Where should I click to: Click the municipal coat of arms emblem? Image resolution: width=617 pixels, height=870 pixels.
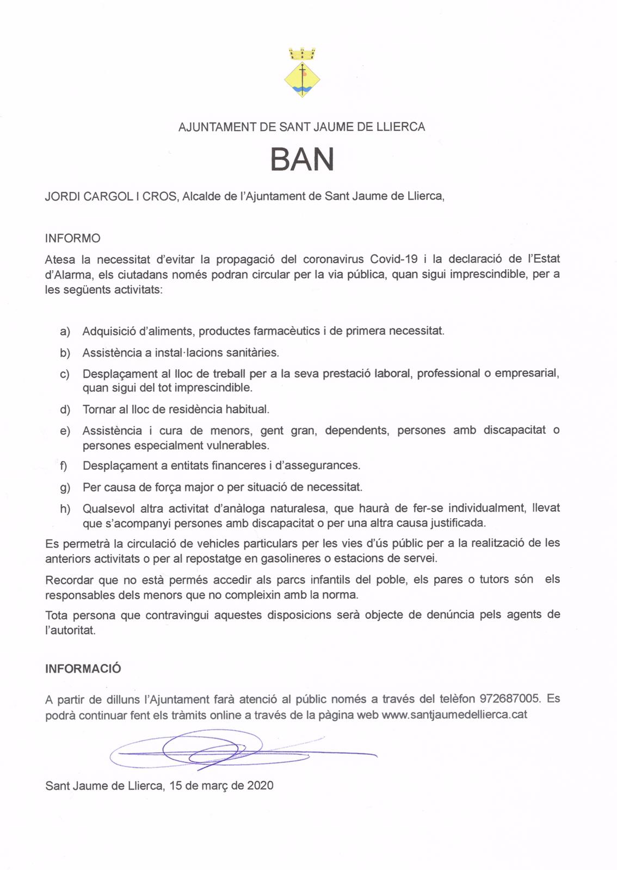pyautogui.click(x=302, y=73)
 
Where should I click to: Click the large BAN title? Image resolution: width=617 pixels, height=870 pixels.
pyautogui.click(x=302, y=159)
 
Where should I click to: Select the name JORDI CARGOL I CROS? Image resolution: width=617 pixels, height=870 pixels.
pyautogui.click(x=111, y=196)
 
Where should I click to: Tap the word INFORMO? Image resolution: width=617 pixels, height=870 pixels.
pyautogui.click(x=72, y=238)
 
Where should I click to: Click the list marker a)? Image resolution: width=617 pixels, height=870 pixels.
pyautogui.click(x=65, y=331)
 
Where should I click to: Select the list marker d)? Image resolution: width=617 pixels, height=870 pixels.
pyautogui.click(x=65, y=409)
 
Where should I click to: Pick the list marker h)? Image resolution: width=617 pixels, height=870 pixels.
pyautogui.click(x=65, y=509)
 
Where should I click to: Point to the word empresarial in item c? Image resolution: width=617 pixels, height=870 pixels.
pyautogui.click(x=527, y=374)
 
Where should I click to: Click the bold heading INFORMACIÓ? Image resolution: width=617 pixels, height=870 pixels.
pyautogui.click(x=83, y=669)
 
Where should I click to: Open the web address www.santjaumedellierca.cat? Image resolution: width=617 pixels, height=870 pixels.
pyautogui.click(x=454, y=714)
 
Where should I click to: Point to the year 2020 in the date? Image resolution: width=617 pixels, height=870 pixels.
pyautogui.click(x=260, y=786)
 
